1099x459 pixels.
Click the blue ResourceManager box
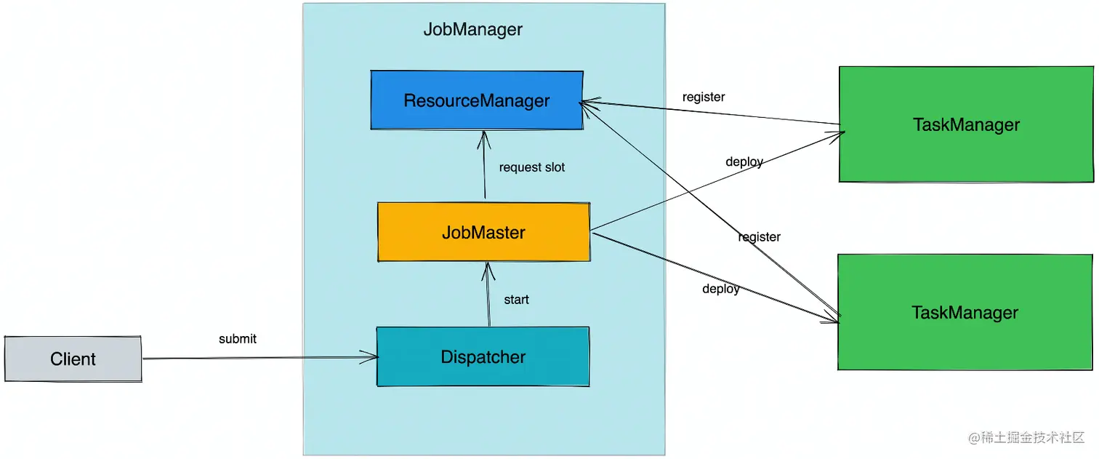[x=477, y=100]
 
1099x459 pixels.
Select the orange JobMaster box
[x=483, y=233]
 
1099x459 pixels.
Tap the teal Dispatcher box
[x=483, y=357]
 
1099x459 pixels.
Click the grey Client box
[x=73, y=359]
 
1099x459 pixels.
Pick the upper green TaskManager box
[x=966, y=124]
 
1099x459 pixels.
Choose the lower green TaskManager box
[x=965, y=313]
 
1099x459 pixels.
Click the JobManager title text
[x=472, y=30]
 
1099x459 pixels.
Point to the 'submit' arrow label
[x=238, y=339]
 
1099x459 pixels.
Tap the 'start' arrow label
[x=516, y=300]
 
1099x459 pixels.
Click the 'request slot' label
[x=531, y=167]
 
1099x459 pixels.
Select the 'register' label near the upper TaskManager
[x=703, y=97]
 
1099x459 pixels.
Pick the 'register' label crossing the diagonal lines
[x=759, y=237]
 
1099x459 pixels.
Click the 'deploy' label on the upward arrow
[x=744, y=162]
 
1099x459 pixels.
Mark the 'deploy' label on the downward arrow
[x=720, y=290]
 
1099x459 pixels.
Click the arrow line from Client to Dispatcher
[x=254, y=358]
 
